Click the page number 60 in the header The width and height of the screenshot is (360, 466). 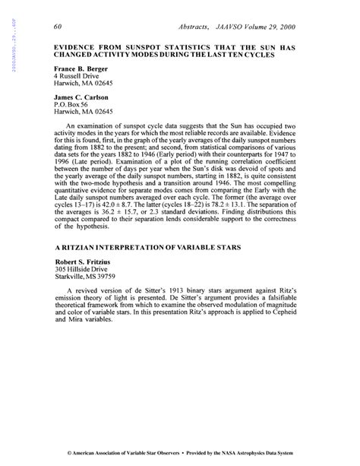(58, 28)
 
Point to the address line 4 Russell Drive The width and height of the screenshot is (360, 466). (79, 77)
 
